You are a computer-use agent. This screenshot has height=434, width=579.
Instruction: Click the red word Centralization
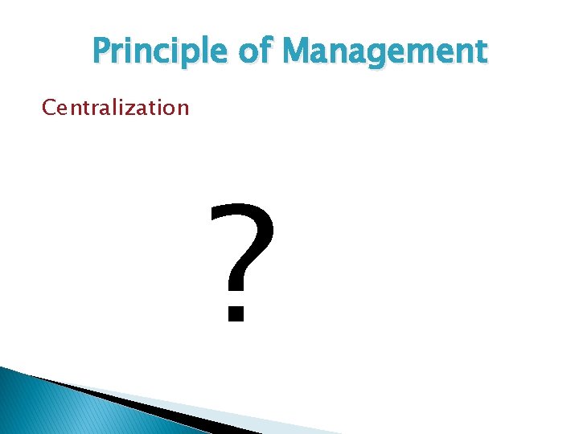[x=115, y=107]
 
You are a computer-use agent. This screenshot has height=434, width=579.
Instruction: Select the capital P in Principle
[x=102, y=52]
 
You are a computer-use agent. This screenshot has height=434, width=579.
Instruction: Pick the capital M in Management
[x=298, y=52]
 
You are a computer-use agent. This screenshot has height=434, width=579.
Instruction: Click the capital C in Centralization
[x=48, y=107]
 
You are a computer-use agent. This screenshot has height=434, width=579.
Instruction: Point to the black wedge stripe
[x=145, y=402]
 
